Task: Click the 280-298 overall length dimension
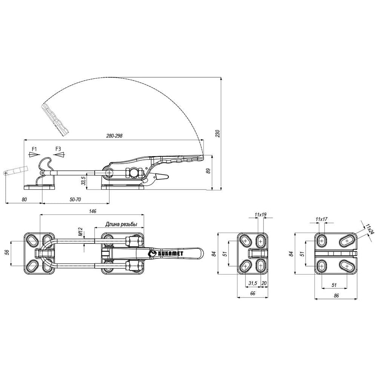click(114, 136)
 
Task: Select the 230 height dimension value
click(218, 133)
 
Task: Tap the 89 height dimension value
click(208, 171)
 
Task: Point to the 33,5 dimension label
click(83, 181)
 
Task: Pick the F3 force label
click(58, 149)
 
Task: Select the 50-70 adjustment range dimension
click(75, 199)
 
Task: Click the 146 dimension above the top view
click(92, 211)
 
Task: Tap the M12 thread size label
click(81, 232)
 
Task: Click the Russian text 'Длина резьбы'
click(121, 224)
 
